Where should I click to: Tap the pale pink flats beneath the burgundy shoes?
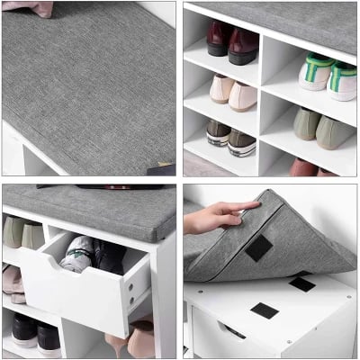(232, 92)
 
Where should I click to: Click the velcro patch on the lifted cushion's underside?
(259, 248)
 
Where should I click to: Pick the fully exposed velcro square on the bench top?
(264, 311)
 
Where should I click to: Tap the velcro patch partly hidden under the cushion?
(301, 283)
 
